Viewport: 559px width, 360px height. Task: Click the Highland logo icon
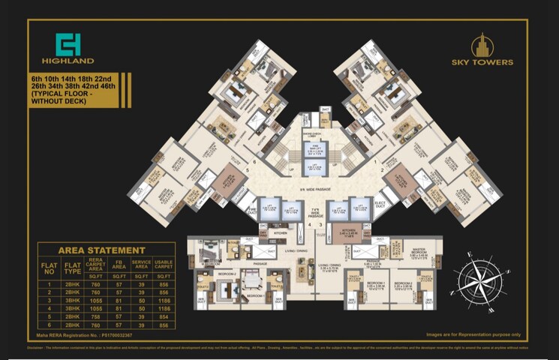click(x=68, y=44)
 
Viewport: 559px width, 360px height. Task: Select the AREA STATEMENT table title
click(x=102, y=250)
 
